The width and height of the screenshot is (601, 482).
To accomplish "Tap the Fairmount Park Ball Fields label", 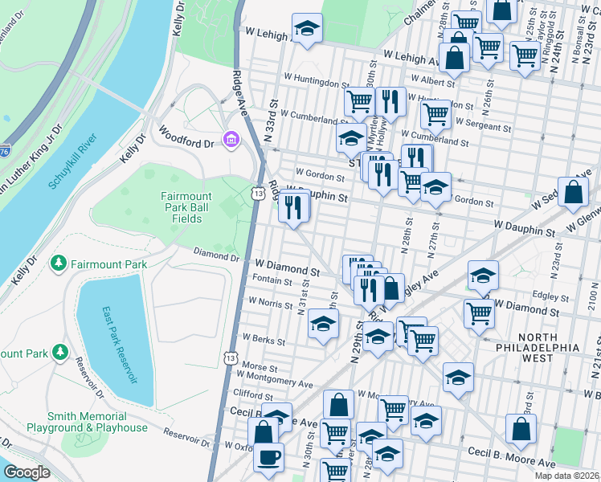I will [x=186, y=208].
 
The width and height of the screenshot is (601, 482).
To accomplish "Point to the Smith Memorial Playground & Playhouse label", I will [x=97, y=422].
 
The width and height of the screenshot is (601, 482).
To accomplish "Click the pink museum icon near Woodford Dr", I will [x=231, y=141].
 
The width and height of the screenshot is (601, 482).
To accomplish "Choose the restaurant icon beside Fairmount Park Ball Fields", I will [x=293, y=208].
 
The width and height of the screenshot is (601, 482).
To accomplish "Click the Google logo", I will [x=27, y=472].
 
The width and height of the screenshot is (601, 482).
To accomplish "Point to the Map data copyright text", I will [x=566, y=476].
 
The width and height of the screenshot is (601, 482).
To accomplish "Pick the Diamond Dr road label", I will [x=217, y=255].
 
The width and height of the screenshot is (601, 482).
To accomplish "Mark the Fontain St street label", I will [x=272, y=281].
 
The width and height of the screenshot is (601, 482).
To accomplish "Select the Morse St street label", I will [x=259, y=366].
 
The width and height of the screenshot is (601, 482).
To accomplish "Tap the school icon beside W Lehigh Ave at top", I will [x=305, y=30].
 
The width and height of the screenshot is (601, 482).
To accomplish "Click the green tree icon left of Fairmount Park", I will [x=58, y=263].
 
